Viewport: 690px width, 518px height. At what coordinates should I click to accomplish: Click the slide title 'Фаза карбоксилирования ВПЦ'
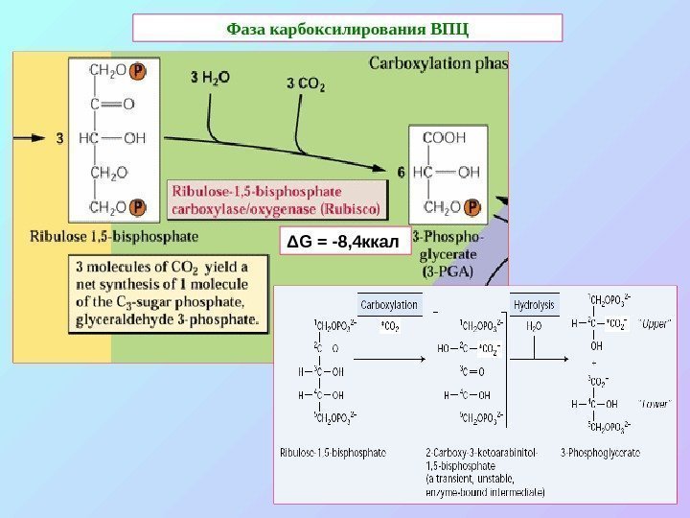pos(347,28)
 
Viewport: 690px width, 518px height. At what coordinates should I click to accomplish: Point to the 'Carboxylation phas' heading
pos(438,65)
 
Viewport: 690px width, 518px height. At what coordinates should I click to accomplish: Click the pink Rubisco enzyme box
pos(276,199)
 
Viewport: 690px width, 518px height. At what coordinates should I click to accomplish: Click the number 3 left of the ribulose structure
pos(59,138)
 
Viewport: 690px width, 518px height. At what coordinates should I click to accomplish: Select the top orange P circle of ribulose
pos(138,70)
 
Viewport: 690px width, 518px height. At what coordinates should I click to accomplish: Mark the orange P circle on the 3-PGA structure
pos(472,207)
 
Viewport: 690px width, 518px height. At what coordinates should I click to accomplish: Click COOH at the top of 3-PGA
pos(444,137)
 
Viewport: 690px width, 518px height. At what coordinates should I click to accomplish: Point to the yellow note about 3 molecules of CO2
pos(169,293)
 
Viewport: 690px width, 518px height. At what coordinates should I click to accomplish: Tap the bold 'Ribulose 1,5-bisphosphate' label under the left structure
pos(115,234)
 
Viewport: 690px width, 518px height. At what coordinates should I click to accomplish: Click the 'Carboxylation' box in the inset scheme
pos(389,305)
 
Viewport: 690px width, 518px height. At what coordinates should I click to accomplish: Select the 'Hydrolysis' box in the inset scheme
pos(535,305)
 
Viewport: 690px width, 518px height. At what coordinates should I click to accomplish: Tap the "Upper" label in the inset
pos(655,323)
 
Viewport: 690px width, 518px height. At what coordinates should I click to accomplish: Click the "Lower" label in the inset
pos(655,404)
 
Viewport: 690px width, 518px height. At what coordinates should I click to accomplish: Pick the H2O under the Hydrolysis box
pos(534,326)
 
